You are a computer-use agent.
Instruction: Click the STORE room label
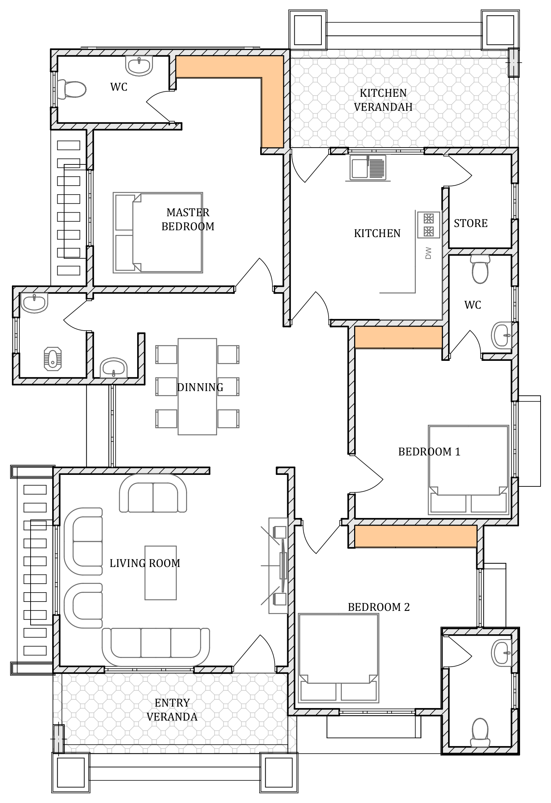(x=470, y=223)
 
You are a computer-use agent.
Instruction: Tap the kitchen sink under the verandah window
(x=368, y=167)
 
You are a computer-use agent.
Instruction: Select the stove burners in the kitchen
(x=428, y=225)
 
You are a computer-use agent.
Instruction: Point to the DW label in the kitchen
(x=428, y=253)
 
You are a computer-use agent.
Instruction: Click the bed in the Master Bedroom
(x=158, y=232)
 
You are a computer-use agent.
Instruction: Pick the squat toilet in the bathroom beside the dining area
(x=53, y=359)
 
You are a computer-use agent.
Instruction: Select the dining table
(x=197, y=386)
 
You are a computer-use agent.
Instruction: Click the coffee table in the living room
(x=161, y=573)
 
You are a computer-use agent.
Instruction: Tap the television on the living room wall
(x=283, y=566)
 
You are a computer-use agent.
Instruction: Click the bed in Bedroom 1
(x=468, y=470)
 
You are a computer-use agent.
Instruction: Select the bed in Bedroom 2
(x=338, y=658)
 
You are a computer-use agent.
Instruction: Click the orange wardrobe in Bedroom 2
(x=416, y=536)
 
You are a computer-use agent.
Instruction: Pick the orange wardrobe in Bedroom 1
(x=398, y=337)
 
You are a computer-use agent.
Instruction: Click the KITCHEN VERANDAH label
(x=383, y=100)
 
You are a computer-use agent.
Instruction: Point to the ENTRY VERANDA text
(x=172, y=709)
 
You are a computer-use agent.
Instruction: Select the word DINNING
(x=200, y=387)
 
